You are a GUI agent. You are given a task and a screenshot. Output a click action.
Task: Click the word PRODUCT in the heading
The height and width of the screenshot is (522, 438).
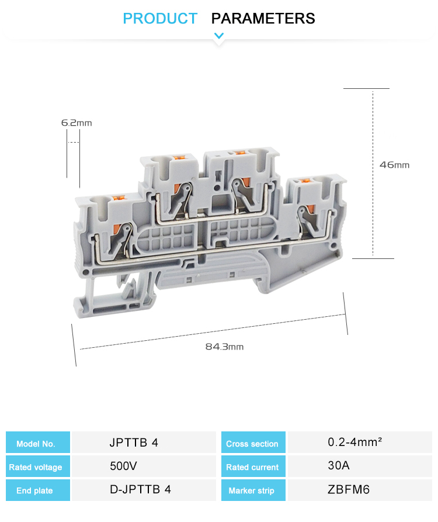click(160, 19)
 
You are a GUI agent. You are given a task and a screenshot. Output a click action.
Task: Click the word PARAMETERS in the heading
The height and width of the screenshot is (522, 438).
click(263, 19)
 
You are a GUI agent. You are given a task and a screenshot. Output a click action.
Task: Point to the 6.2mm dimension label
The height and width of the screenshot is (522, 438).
click(77, 123)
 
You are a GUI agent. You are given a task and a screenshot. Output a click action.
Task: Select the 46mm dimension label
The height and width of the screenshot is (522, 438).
click(394, 165)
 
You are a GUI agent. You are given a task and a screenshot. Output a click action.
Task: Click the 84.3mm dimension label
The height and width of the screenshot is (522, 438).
click(224, 347)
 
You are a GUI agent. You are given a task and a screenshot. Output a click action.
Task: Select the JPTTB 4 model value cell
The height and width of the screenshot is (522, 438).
click(134, 443)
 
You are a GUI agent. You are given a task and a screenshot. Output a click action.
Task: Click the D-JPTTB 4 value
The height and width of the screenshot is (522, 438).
click(140, 490)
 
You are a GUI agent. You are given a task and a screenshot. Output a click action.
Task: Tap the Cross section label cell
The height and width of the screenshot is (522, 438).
click(252, 444)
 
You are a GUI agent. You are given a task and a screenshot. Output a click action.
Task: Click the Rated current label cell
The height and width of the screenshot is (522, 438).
click(252, 467)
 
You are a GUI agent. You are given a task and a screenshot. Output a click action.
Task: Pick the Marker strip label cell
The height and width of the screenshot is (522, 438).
click(252, 490)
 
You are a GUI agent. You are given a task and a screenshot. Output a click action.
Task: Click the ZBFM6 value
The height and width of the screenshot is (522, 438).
click(349, 490)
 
